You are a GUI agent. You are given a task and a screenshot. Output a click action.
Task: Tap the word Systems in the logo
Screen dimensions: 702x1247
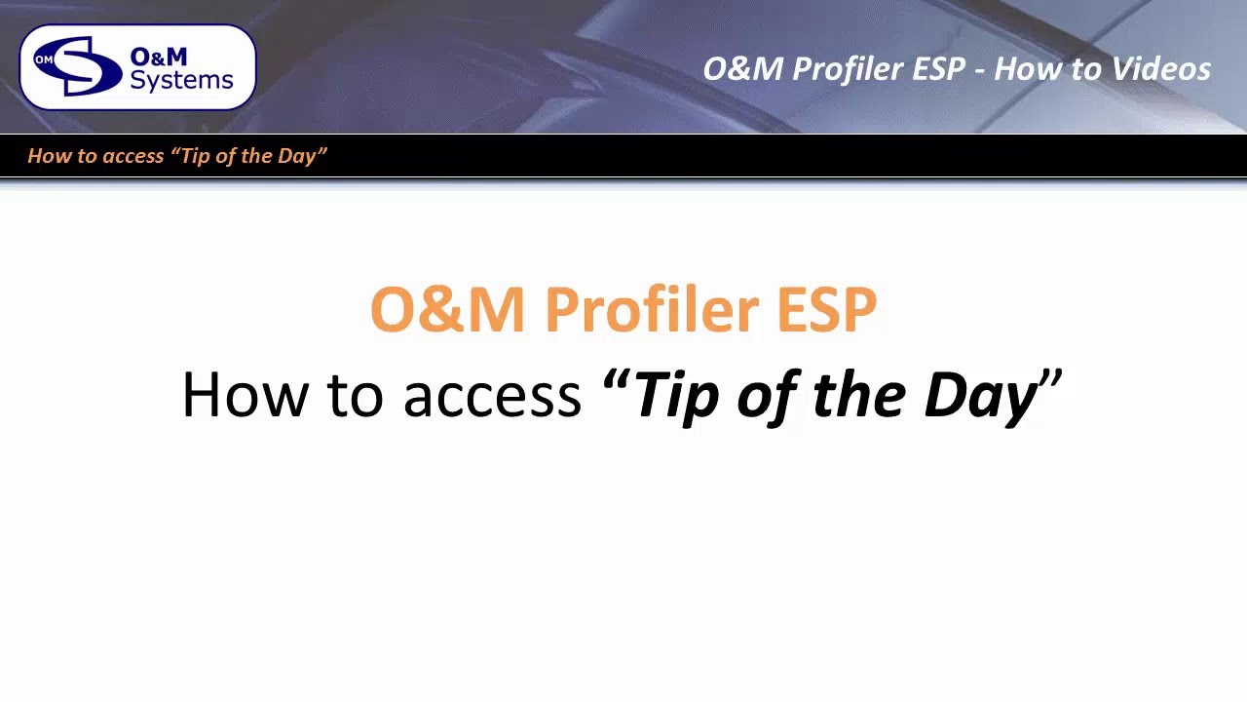(181, 80)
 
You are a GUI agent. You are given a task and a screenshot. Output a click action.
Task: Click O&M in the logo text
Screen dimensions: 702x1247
(159, 57)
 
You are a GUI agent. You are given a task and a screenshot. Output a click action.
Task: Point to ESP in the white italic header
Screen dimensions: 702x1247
(938, 69)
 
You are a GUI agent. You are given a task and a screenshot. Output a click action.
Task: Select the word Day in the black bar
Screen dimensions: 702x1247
(297, 156)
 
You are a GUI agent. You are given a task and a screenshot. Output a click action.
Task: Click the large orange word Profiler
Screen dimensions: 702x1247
(651, 310)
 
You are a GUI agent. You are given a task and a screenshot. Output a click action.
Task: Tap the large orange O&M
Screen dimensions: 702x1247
(447, 310)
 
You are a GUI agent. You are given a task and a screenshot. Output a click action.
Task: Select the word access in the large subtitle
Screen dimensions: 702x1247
(492, 395)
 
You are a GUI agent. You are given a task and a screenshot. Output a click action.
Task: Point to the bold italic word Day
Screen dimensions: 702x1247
(979, 395)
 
